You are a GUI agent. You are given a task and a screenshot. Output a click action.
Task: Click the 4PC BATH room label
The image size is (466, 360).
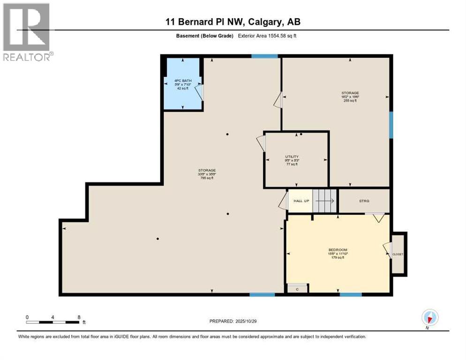coord(182,84)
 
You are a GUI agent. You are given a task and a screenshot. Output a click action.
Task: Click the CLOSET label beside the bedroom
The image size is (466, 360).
coord(398,254)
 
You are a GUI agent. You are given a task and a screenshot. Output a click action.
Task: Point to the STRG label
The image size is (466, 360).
coord(364,201)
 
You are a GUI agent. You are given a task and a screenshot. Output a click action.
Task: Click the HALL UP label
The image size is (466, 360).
coord(301,201)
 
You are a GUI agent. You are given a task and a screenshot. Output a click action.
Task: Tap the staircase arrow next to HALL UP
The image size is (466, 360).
coord(325,201)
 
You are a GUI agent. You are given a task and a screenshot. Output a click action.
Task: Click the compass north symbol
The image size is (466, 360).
coord(429,317)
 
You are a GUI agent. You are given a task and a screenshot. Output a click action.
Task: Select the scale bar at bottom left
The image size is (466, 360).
coord(53,322)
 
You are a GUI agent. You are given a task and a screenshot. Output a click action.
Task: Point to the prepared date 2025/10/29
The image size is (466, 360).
coord(233,321)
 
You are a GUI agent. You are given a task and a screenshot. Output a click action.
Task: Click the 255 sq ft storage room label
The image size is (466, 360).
coord(350,97)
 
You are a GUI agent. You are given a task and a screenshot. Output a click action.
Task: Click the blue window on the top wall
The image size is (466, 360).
coord(264,56)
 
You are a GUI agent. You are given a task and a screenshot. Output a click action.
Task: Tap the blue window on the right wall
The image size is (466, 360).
coord(391,124)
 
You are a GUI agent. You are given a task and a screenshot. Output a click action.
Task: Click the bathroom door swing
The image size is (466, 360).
coord(200,92)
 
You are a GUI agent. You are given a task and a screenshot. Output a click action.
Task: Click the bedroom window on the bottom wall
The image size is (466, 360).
coord(351,294)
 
